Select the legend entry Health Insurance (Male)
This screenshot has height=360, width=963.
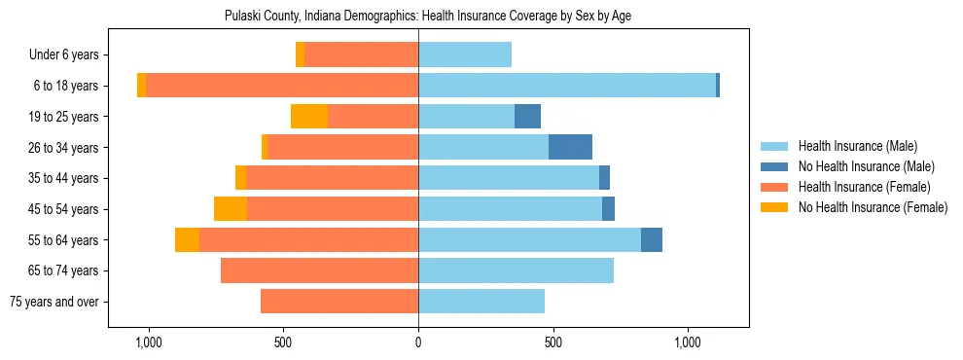click(857, 146)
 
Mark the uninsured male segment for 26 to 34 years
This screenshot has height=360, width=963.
click(570, 147)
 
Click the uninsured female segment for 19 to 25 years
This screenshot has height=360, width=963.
click(309, 117)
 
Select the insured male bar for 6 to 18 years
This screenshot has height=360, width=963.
click(567, 86)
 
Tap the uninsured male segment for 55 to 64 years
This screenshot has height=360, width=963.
click(652, 239)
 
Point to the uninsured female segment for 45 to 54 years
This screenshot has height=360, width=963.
click(231, 209)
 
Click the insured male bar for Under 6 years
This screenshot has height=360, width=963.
click(465, 54)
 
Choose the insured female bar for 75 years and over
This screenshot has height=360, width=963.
click(339, 302)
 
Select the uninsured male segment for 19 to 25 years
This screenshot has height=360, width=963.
click(527, 117)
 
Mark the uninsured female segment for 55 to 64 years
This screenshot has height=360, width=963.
click(187, 239)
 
